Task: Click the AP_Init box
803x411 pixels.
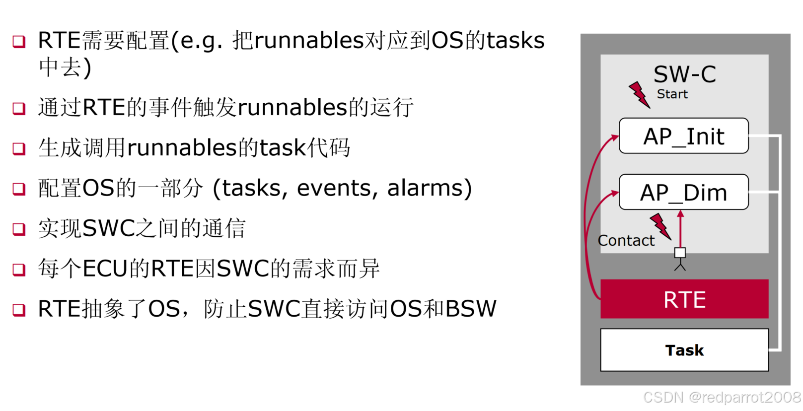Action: coord(683,136)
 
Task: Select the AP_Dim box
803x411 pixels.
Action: coord(683,192)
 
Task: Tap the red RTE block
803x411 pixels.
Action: coord(684,299)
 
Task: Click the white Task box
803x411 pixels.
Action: coord(684,350)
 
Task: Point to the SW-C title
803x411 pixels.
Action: coord(684,74)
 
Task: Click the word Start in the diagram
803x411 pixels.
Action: coord(672,94)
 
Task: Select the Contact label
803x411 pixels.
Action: coord(626,240)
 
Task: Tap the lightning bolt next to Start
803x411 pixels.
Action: coord(639,94)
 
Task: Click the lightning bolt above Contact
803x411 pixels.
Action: coord(660,226)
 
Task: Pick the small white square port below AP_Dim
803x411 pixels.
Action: coord(680,253)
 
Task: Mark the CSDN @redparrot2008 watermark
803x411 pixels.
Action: coord(722,397)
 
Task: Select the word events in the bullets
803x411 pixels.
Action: coord(334,188)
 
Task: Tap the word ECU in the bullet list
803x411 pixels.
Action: coord(105,269)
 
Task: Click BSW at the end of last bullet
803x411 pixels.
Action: coord(471,309)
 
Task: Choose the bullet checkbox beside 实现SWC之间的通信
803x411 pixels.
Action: coord(19,229)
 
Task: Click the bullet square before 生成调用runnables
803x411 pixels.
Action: coord(19,148)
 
